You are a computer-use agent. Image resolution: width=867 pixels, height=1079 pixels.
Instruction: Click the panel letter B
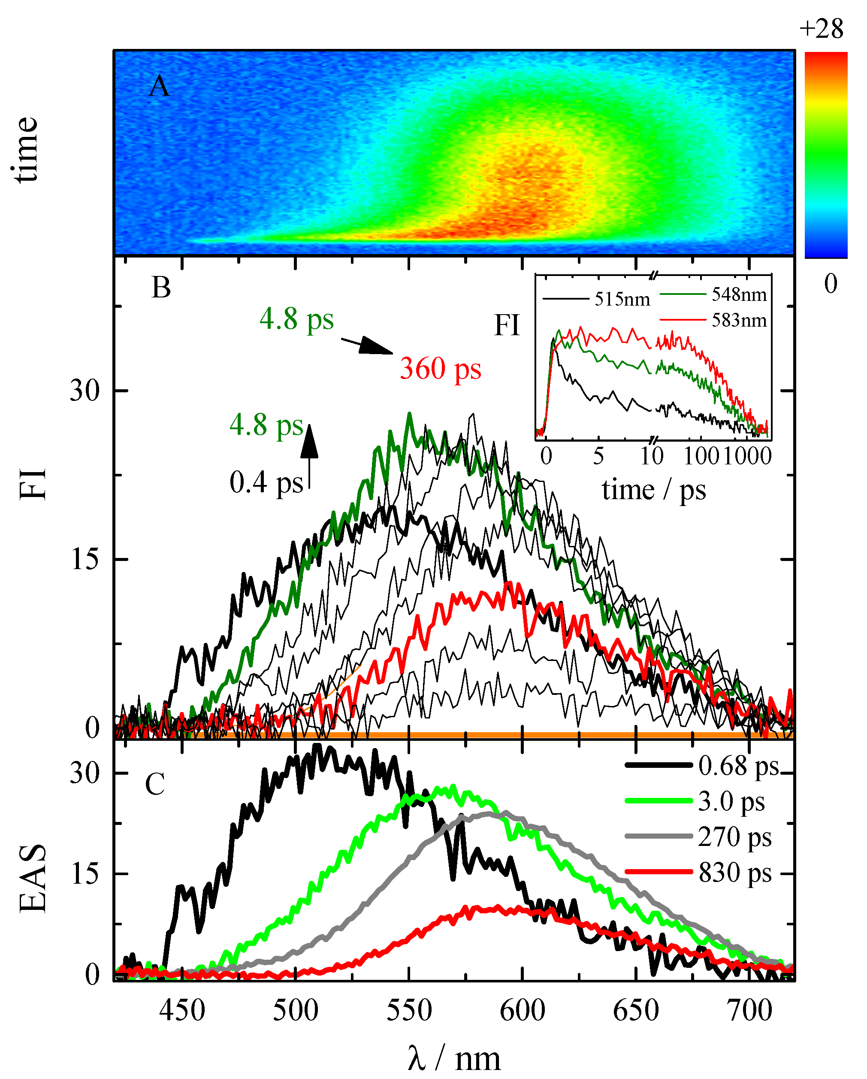pos(161,288)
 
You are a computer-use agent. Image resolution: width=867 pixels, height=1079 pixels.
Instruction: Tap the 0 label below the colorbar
pos(831,284)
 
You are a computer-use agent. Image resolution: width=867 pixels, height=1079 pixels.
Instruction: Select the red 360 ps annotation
pos(440,370)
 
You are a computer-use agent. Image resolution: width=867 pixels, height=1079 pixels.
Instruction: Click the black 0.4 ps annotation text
pos(266,483)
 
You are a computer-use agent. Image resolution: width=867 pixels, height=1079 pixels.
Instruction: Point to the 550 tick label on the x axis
pos(409,1010)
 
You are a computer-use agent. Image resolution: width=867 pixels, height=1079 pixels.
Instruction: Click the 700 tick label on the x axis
pos(749,1010)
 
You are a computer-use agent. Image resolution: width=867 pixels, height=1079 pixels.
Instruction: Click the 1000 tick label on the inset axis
pos(747,456)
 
